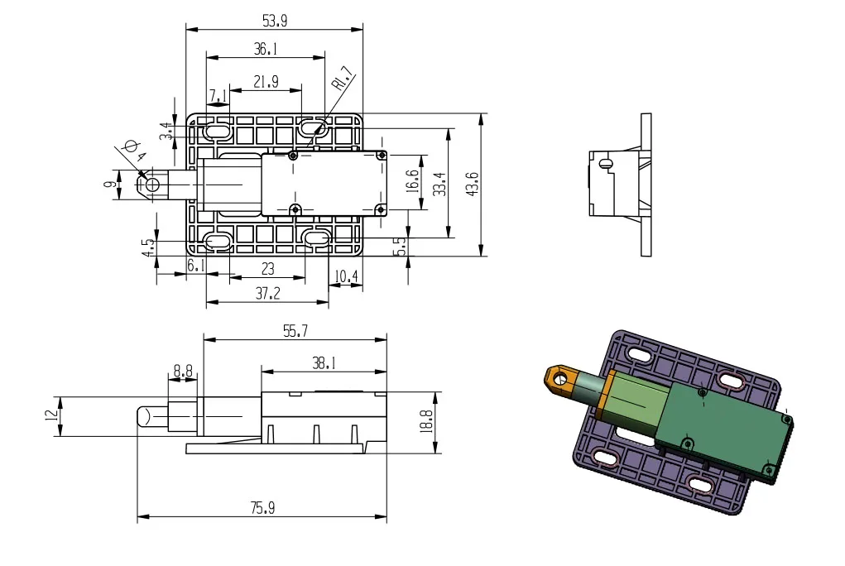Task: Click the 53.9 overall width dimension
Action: tap(275, 21)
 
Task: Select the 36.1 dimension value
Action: tap(266, 49)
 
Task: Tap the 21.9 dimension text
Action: tap(266, 81)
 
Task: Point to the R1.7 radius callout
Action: tap(343, 78)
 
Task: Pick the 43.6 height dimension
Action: tap(472, 184)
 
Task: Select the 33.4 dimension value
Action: tap(439, 184)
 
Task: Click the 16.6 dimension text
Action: tap(412, 181)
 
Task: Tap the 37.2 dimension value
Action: tap(268, 293)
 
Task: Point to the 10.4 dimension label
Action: tap(346, 276)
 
